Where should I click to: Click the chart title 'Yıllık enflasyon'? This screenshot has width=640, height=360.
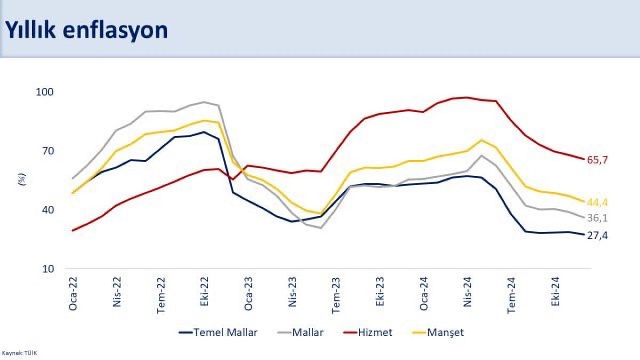pos(86,30)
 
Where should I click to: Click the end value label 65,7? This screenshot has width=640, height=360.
pos(597,159)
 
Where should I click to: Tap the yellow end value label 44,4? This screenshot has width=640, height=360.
pos(597,202)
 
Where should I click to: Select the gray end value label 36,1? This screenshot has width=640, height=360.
pos(597,218)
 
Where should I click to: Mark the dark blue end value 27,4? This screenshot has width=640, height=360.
pos(597,235)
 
